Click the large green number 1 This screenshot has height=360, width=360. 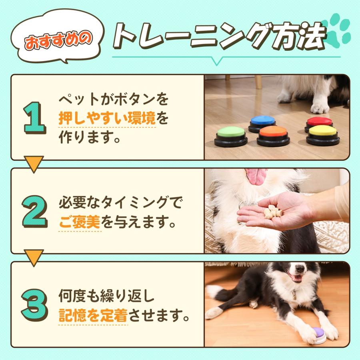(35, 118)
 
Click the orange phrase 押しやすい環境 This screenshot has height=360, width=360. (107, 119)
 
